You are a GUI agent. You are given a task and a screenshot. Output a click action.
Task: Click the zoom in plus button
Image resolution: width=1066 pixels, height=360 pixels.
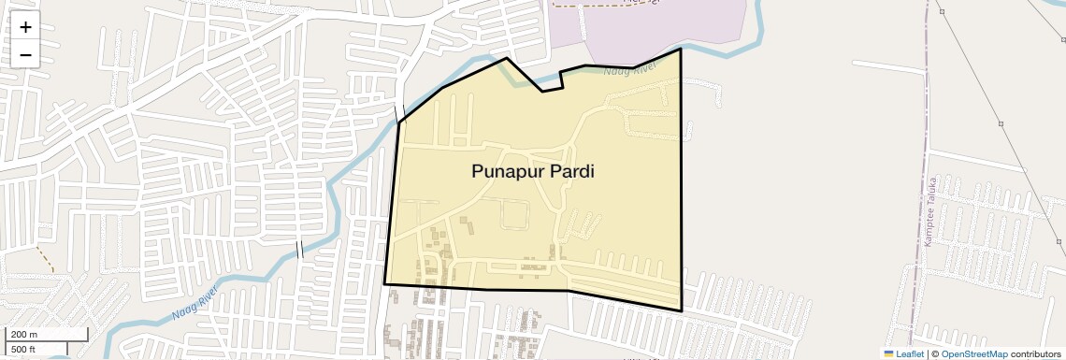[25, 27]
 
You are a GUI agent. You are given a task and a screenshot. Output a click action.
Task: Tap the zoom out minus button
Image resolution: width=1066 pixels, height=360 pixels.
[25, 55]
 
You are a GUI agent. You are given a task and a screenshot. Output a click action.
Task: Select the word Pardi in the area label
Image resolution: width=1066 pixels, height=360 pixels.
[571, 172]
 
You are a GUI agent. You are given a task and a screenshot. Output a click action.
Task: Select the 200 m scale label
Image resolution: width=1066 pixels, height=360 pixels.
[24, 335]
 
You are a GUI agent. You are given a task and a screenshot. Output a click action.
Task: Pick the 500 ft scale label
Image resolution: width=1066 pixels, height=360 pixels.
[23, 350]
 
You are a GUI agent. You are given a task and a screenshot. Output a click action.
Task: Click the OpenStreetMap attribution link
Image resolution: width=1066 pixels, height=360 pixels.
[973, 354]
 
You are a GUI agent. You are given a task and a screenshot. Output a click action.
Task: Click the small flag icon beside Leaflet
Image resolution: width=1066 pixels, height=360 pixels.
[888, 354]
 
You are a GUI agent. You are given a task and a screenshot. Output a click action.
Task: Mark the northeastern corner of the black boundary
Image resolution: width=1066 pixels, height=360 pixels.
[680, 50]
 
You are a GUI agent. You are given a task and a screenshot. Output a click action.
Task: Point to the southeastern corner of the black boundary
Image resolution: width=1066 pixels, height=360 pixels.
[682, 310]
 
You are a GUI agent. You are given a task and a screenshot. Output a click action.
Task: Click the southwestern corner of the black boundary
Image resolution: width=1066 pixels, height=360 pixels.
[384, 283]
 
